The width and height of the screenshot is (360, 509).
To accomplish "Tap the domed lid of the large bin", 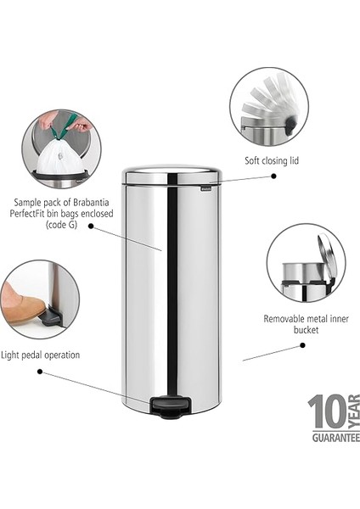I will click(172, 174).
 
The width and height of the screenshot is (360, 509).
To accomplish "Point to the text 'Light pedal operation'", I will click(41, 355).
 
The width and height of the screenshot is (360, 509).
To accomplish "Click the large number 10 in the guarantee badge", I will click(326, 413).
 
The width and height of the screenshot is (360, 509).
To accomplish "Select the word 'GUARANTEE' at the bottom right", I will click(333, 437).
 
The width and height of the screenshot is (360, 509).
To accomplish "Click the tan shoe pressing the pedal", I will click(22, 307).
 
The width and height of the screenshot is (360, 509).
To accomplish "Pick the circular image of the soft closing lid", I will click(268, 106).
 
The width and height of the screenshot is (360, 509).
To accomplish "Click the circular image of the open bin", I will click(305, 263).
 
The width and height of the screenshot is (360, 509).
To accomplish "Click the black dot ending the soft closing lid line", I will click(273, 176).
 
